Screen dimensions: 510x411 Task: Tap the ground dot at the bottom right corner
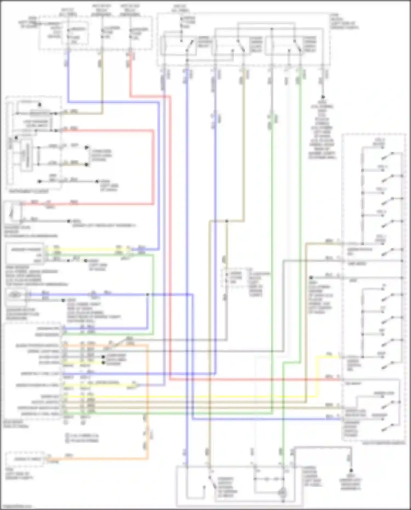click(351, 469)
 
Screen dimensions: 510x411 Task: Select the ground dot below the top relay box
click(323, 97)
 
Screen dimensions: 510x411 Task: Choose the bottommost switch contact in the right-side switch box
click(389, 426)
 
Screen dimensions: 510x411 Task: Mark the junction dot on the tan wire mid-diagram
click(227, 221)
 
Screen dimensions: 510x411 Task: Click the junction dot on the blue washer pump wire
click(147, 295)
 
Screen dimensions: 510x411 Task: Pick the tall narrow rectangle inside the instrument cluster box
click(27, 155)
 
